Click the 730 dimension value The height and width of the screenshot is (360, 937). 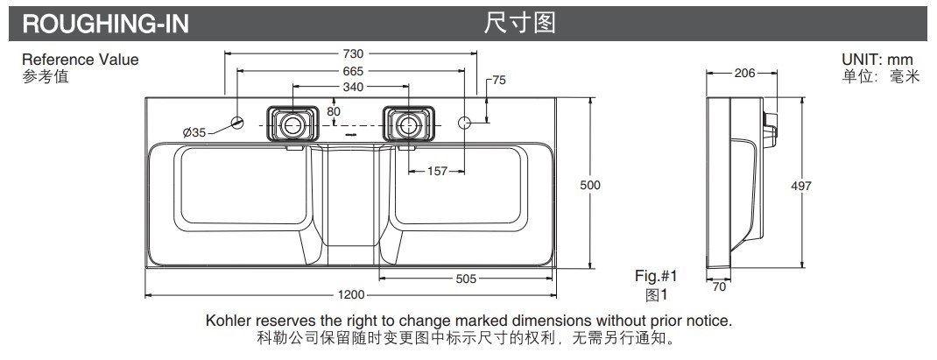(x=353, y=53)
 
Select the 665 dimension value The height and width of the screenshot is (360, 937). (x=353, y=70)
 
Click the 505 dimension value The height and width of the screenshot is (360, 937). (x=466, y=279)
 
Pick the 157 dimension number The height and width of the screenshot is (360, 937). (x=437, y=171)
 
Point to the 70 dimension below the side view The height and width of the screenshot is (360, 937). (x=719, y=285)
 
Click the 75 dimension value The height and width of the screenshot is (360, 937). (x=498, y=80)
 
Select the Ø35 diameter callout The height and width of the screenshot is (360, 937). (x=194, y=132)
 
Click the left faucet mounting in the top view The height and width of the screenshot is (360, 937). (x=292, y=124)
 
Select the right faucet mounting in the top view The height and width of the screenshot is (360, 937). (x=409, y=124)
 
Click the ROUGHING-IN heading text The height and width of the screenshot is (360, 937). (x=105, y=24)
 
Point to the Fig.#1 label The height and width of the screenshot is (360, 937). (x=657, y=275)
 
